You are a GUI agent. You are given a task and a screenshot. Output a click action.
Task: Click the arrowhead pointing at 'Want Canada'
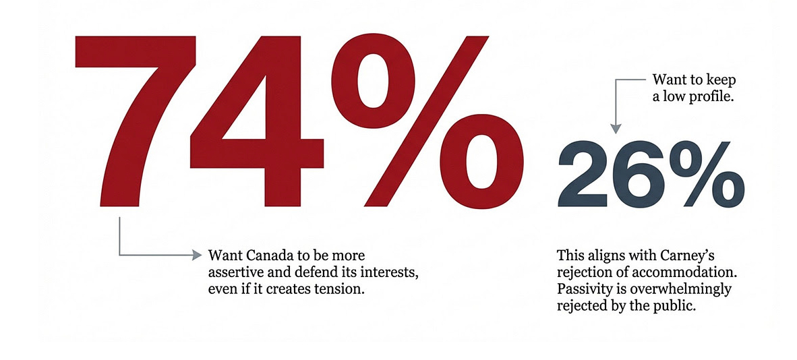coord(196,255)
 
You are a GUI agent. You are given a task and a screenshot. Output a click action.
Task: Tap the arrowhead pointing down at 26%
coord(616,128)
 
